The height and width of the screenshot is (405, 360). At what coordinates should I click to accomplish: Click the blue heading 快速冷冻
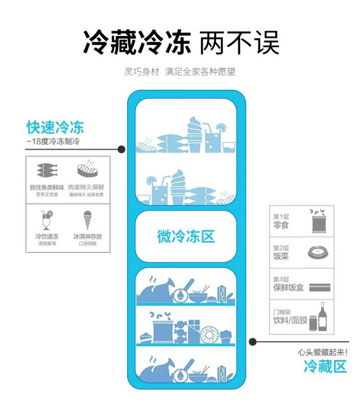[55, 127]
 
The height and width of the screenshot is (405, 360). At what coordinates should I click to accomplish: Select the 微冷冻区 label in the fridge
[186, 236]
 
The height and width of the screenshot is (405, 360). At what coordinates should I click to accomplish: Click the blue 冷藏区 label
[325, 367]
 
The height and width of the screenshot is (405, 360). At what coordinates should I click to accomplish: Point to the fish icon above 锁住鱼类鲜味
[47, 171]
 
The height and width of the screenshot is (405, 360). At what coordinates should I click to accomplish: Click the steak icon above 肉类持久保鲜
[87, 169]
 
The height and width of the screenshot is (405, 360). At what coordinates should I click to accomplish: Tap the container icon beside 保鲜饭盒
[319, 288]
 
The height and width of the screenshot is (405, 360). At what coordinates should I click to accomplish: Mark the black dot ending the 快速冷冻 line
[121, 149]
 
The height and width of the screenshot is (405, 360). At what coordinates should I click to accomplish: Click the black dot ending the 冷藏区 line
[252, 342]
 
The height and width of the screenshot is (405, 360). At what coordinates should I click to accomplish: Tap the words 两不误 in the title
[239, 43]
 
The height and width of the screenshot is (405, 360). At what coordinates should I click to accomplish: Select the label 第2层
[281, 248]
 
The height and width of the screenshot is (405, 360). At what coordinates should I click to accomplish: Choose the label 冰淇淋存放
[87, 236]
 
